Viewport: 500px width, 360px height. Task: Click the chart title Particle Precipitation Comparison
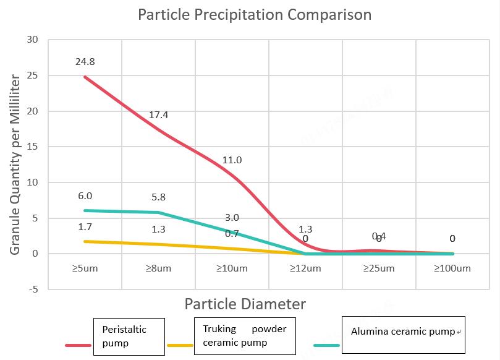[x=255, y=14]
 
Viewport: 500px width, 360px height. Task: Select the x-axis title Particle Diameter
[x=245, y=304]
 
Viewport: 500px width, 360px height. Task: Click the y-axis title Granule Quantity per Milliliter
[x=15, y=165]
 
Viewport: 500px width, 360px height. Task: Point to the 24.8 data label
[x=85, y=62]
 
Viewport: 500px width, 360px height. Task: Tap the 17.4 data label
[x=159, y=115]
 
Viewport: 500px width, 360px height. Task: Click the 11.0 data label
[x=232, y=160]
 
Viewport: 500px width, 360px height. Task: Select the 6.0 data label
[x=85, y=196]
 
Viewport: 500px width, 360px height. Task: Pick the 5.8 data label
[x=158, y=198]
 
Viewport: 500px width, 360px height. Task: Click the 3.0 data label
[x=232, y=218]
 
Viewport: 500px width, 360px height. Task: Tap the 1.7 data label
[x=85, y=227]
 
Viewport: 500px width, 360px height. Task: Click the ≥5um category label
[x=85, y=268]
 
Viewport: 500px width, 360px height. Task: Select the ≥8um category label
[x=158, y=268]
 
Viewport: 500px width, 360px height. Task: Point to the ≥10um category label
[x=232, y=268]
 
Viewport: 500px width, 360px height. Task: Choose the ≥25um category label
[x=379, y=268]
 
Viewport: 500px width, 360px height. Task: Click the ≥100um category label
[x=452, y=268]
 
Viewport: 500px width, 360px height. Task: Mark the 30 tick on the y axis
[x=33, y=40]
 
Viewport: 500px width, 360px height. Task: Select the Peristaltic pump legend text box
[x=129, y=336]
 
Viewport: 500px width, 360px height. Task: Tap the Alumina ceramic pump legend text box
[x=403, y=332]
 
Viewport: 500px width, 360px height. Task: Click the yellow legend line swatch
[x=180, y=346]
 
